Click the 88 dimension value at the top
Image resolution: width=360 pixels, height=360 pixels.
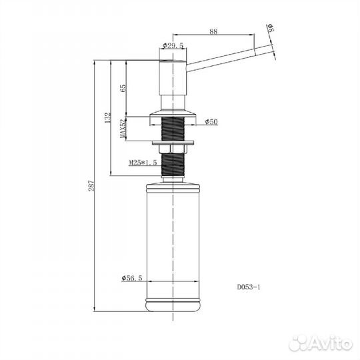point(213,31)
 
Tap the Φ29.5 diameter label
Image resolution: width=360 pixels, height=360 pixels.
point(173,45)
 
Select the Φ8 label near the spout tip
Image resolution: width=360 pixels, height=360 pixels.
point(271,27)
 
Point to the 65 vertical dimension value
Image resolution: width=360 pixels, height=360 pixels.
point(123,88)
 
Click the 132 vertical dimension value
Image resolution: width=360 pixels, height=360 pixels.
point(108,117)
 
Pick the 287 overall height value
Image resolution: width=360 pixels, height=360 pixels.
point(91,185)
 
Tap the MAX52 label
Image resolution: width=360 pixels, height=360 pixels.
point(123,129)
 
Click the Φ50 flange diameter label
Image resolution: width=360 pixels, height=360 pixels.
point(211,121)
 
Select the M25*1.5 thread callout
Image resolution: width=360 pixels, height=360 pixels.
point(143,163)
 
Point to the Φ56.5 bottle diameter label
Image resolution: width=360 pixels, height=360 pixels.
point(132,278)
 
